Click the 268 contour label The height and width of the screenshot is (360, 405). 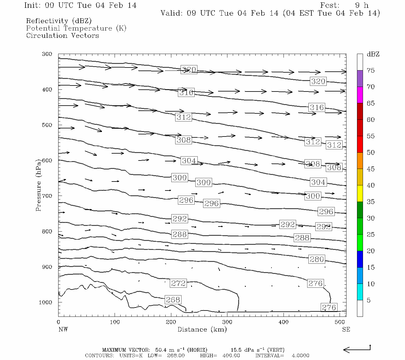click(173, 300)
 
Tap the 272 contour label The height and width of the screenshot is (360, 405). click(178, 283)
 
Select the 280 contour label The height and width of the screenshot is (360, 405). click(317, 259)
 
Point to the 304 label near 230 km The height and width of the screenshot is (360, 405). click(189, 161)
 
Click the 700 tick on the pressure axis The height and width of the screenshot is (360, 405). click(47, 196)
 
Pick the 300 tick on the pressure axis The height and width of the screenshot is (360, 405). click(47, 54)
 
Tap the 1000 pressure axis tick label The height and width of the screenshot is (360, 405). click(46, 302)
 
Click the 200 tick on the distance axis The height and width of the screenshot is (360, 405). click(171, 322)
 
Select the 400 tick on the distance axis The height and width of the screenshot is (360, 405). click(283, 322)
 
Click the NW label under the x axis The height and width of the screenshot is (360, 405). click(63, 329)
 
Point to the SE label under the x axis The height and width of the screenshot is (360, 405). click(346, 329)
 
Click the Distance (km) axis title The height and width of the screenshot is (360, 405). click(202, 329)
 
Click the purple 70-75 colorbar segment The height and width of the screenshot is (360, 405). click(360, 79)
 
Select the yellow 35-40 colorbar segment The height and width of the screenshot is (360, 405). click(360, 193)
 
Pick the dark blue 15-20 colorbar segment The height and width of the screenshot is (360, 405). click(360, 259)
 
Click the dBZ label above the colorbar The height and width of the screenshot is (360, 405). click(373, 54)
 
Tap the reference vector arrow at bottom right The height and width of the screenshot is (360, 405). click(357, 349)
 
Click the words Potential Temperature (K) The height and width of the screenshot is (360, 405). click(76, 28)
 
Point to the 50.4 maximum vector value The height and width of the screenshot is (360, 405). click(160, 350)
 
